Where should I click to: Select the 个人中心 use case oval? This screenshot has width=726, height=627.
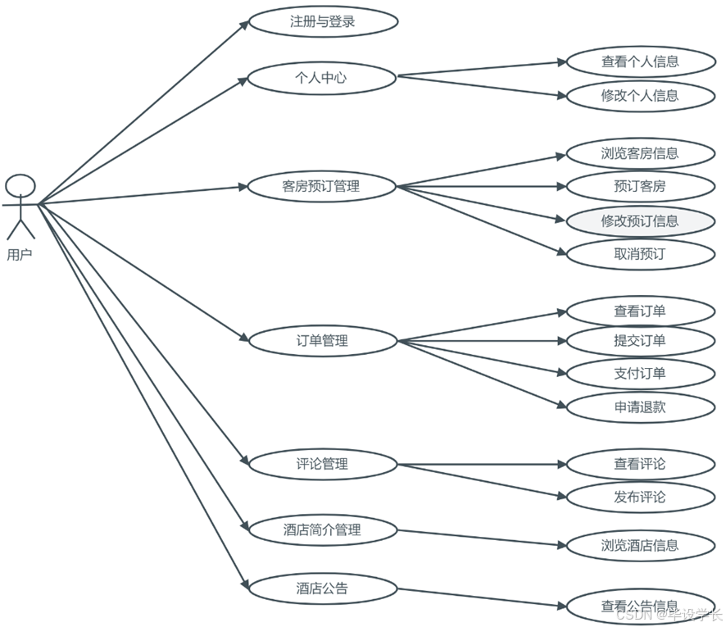point(321,79)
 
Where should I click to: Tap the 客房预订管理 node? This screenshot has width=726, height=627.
point(321,186)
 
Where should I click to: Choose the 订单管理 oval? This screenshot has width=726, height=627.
point(321,340)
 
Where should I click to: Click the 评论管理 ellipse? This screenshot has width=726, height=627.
point(321,464)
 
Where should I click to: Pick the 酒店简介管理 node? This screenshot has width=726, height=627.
point(321,529)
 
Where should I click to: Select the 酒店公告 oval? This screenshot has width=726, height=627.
point(321,588)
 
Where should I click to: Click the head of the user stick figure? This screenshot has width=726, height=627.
point(20,185)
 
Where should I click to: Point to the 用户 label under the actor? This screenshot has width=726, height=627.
point(19,255)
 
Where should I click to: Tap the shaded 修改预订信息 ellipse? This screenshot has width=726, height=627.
point(639,220)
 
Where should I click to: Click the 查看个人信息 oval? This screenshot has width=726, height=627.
point(639,61)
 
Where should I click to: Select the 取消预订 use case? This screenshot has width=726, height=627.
point(639,254)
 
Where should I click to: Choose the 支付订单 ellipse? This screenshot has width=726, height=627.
point(639,374)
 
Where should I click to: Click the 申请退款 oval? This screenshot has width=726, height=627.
point(639,407)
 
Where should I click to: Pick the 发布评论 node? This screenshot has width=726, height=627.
point(639,497)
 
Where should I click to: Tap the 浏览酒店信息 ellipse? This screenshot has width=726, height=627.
point(639,545)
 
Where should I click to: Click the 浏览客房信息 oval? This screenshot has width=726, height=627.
point(639,153)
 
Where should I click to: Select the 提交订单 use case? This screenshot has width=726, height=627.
point(639,340)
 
